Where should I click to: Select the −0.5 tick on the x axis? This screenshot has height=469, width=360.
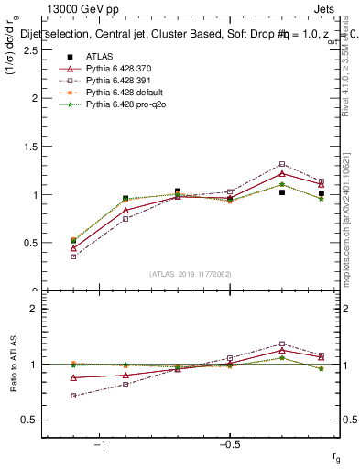pos(229,444)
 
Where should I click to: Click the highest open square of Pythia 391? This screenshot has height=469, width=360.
pos(282,164)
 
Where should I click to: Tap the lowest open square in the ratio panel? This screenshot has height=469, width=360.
pos(73,396)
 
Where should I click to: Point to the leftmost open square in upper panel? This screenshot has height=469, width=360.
pos(73,256)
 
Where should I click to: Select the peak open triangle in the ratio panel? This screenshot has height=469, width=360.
pos(282,350)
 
